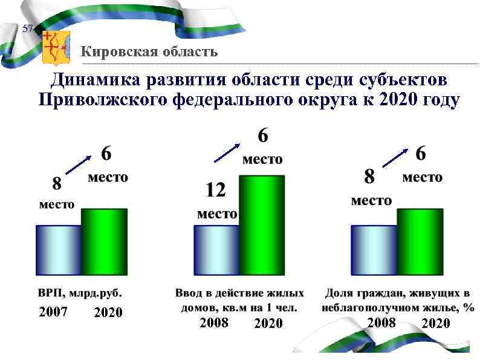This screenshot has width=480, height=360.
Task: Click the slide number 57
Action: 27,29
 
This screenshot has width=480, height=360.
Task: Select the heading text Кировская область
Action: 149,51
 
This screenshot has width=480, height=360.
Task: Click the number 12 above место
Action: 216,191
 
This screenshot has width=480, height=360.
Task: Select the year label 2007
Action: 53,312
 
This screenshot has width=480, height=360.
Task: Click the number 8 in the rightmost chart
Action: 369,177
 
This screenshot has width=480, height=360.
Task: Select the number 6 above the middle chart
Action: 263,137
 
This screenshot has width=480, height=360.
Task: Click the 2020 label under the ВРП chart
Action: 108,313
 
